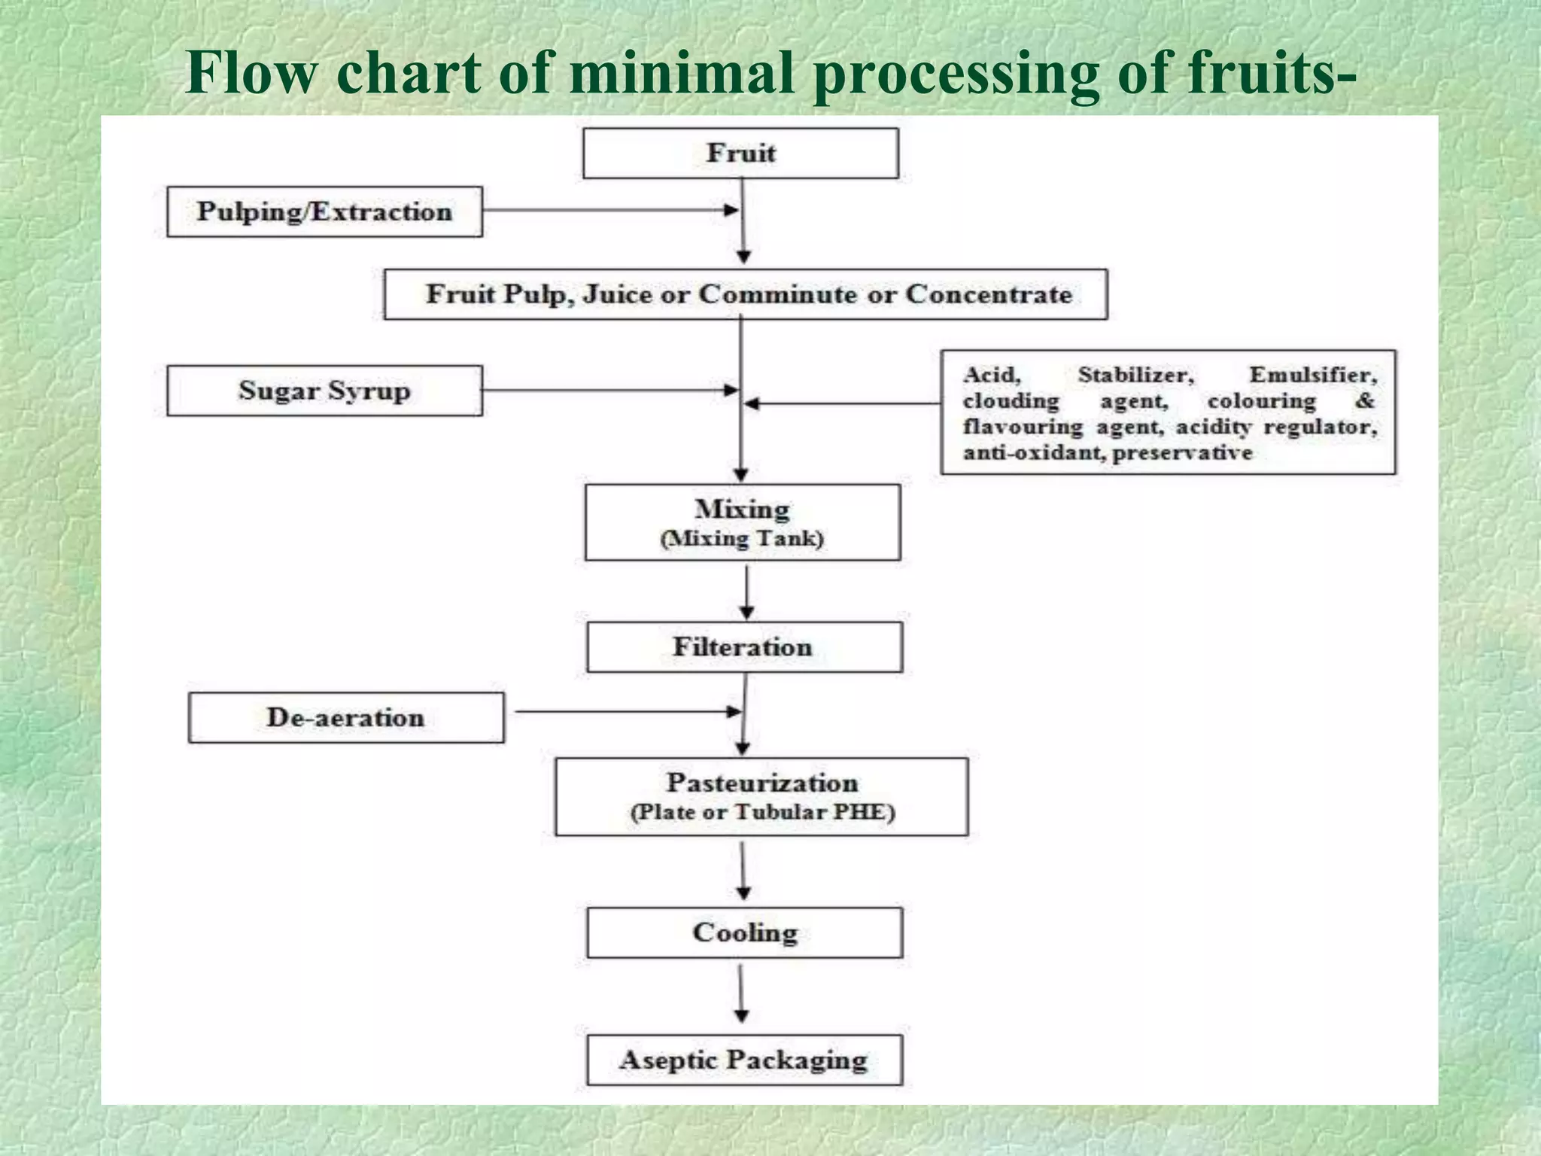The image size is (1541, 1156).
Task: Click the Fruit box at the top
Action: [740, 153]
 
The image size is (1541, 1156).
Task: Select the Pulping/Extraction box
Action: [324, 211]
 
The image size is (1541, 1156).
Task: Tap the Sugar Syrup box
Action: [324, 391]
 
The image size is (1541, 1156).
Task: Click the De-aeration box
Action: [345, 717]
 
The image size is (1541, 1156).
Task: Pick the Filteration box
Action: [743, 646]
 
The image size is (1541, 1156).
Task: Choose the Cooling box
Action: [744, 932]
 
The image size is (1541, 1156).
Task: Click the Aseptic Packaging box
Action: [743, 1060]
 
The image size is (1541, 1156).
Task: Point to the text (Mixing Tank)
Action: [742, 539]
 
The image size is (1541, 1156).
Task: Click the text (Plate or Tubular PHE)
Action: [762, 812]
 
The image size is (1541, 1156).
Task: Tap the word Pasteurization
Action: [761, 783]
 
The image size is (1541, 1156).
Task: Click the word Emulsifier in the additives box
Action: [1312, 374]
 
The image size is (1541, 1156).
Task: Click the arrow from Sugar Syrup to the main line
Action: [609, 390]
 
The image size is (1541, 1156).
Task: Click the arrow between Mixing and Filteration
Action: [746, 591]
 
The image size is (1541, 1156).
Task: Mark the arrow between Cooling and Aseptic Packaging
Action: [741, 993]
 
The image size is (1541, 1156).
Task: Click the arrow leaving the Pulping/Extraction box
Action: [609, 210]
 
